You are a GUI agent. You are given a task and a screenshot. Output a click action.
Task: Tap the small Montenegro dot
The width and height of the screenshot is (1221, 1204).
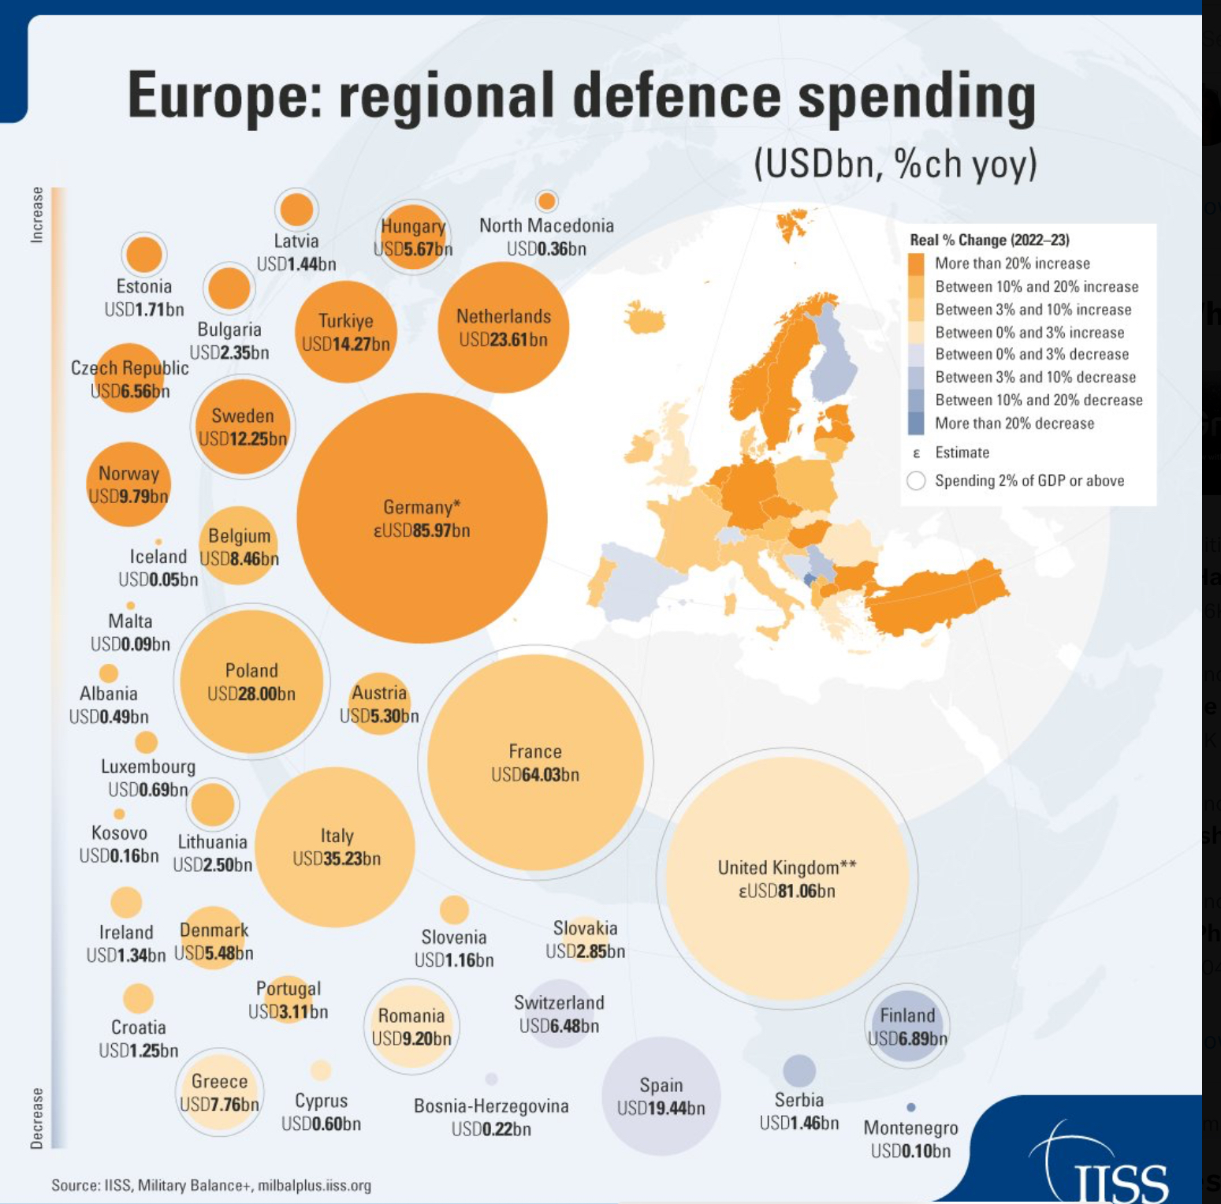911,1107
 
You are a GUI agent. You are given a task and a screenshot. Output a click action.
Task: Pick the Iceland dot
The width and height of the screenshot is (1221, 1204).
158,542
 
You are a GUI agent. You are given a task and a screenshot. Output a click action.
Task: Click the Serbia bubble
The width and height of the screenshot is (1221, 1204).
799,1070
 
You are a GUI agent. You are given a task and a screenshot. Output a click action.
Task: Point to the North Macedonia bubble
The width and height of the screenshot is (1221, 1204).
546,200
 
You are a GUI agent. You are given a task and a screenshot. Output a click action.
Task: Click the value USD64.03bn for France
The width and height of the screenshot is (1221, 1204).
535,775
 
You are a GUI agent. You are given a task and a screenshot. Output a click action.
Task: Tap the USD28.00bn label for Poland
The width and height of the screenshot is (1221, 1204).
251,694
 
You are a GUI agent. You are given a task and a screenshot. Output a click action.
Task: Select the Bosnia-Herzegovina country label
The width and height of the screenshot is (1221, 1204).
491,1106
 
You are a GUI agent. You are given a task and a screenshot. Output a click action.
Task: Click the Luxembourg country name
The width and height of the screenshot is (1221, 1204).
148,766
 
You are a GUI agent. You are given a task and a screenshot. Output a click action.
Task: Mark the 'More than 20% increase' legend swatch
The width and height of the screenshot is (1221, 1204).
916,263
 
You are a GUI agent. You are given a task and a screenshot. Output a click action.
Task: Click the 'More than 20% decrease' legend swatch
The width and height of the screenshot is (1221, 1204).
916,423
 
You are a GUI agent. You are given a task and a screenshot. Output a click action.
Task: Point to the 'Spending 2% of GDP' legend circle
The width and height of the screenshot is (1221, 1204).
916,481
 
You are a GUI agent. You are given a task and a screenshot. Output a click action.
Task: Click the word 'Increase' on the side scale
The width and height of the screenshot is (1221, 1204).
37,214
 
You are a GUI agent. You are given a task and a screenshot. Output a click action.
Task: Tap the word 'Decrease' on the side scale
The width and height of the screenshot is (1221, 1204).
37,1117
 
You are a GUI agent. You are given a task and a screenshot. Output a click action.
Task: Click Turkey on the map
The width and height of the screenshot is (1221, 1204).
938,595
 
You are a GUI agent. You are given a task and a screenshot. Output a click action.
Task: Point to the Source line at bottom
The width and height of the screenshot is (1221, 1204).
211,1185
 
